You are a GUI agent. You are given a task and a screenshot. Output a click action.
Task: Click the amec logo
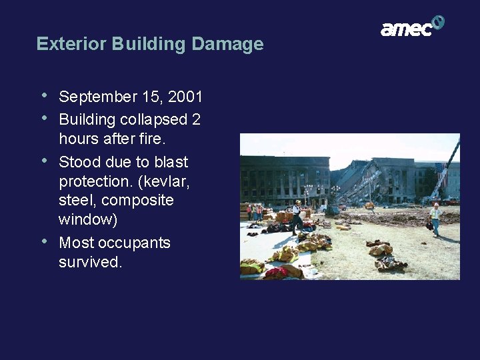pyautogui.click(x=412, y=26)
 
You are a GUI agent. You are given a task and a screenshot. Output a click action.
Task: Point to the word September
pyautogui.click(x=97, y=97)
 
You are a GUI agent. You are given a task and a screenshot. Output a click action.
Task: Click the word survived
pyautogui.click(x=89, y=262)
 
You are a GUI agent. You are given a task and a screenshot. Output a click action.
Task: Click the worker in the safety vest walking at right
pyautogui.click(x=435, y=219)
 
